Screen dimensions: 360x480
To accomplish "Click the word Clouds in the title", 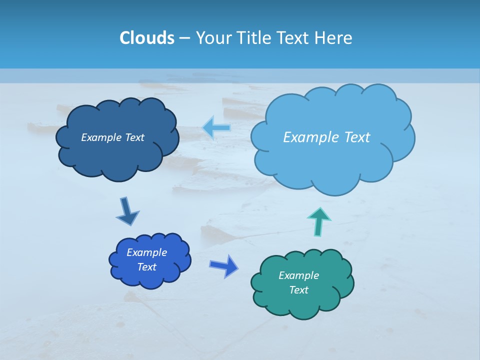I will coord(146,38).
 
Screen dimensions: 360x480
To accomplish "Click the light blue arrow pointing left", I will coord(216,128).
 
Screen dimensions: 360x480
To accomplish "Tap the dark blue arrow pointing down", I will coord(127,211).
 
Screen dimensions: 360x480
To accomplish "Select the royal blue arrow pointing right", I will coord(224,265).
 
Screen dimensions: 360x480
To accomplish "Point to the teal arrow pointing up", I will coord(319,221).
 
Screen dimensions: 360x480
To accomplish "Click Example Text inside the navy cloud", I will coord(112,137).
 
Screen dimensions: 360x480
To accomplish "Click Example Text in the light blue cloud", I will coord(326,137).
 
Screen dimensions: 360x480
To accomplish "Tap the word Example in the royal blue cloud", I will coord(146,252).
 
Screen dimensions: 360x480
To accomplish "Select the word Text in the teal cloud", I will coord(298,290).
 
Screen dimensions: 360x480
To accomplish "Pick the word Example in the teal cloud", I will coord(298,275).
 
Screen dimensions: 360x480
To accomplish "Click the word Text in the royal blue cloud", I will coord(146,267).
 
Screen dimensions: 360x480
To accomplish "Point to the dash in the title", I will coord(184,38).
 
